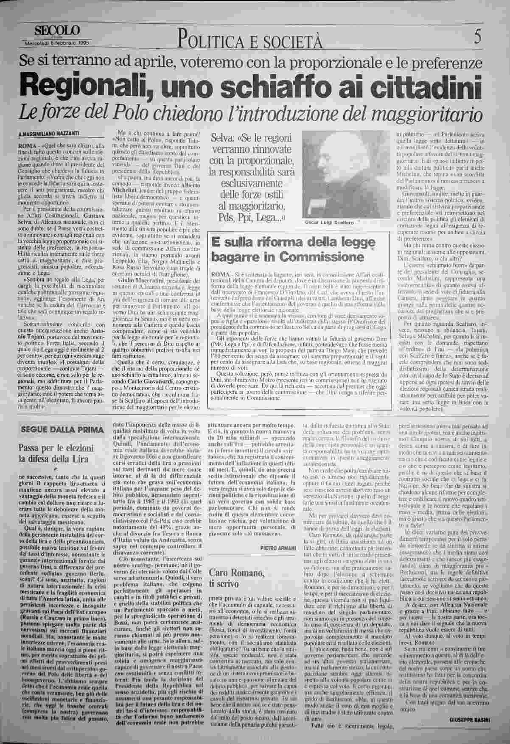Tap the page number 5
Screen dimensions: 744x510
478,39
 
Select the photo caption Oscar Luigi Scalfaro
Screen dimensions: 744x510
330,222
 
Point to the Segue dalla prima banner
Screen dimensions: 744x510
62,430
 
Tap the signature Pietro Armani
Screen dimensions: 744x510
278,548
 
